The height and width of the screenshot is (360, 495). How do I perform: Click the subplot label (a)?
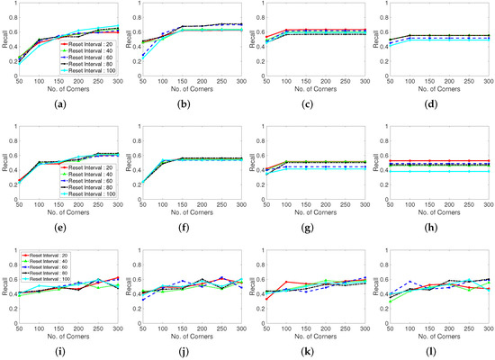(x=75, y=106)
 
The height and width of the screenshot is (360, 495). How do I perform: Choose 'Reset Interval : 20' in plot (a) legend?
(x=89, y=42)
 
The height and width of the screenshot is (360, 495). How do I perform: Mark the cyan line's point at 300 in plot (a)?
(x=125, y=26)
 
